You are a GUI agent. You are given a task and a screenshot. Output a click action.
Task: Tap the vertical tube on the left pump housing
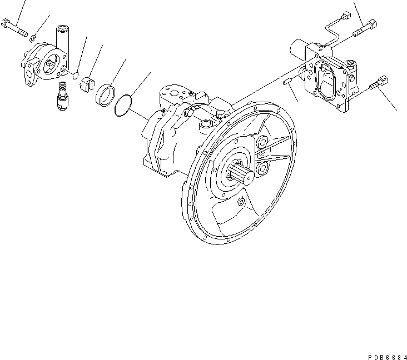pos(61,39)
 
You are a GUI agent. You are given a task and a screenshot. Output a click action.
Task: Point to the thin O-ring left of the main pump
pos(123,106)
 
